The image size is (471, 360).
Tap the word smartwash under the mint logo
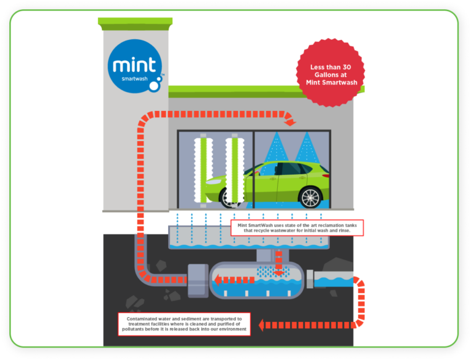point(136,80)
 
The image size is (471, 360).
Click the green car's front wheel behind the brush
point(228,197)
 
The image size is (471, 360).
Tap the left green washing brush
point(201,168)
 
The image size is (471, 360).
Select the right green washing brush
point(234,169)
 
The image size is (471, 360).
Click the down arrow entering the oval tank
point(279,267)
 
